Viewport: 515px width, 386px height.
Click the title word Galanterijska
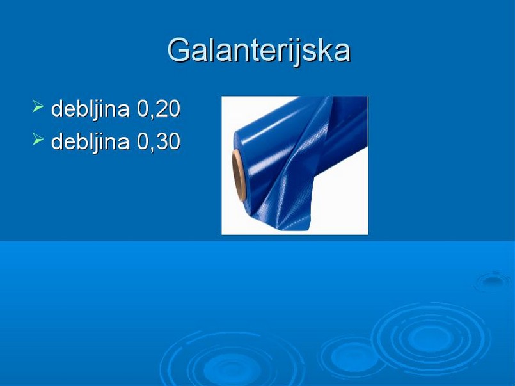tap(259, 50)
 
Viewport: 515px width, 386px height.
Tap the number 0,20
tap(159, 109)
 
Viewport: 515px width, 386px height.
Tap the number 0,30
tap(159, 141)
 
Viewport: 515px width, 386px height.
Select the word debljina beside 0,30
tap(90, 142)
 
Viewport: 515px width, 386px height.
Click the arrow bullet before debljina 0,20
tap(38, 106)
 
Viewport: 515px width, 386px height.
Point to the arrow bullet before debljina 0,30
tap(38, 139)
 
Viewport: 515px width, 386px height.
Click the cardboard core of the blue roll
tap(239, 175)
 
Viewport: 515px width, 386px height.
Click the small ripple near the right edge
tap(492, 280)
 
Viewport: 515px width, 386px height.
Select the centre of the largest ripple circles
tap(431, 339)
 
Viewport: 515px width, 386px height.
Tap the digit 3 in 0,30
tap(162, 141)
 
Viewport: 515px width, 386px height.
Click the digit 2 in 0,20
tap(162, 109)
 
